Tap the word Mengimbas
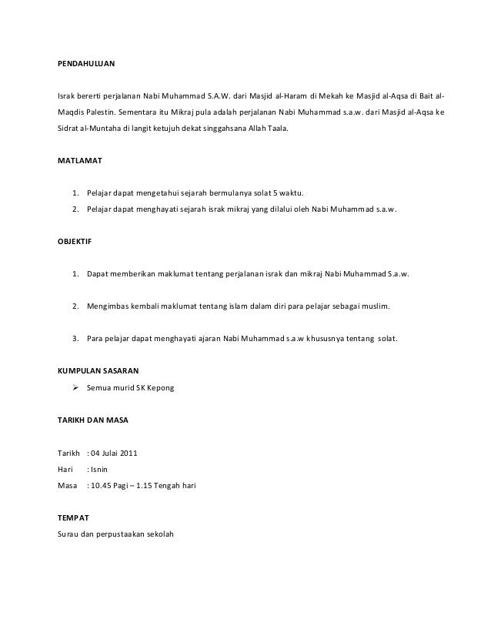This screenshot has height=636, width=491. (111, 306)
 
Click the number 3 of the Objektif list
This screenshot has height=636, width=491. (74, 338)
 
